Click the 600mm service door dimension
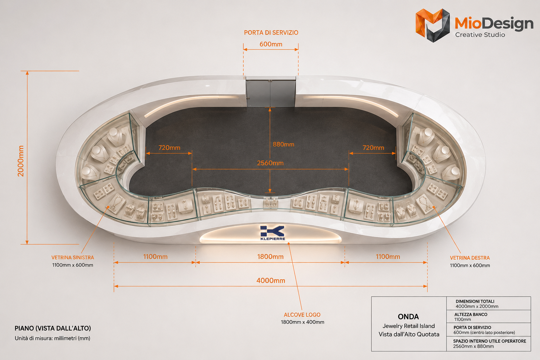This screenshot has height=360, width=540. pos(271,44)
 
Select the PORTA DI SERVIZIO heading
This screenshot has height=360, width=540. pos(271,33)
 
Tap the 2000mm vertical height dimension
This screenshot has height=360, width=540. pos(21,161)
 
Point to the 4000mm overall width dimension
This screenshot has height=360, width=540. pos(271,281)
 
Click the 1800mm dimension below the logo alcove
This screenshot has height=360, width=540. pos(270,257)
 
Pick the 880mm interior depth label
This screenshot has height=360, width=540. pos(283,144)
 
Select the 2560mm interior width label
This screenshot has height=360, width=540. pos(270,163)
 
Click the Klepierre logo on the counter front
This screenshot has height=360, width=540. pos(273,233)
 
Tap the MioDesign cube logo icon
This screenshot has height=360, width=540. pos(433,25)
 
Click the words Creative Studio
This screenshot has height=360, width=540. pos(480,35)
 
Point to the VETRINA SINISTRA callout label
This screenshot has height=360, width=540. pos(72,258)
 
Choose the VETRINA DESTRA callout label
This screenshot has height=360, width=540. pos(470,258)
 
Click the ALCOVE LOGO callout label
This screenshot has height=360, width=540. pos(302,315)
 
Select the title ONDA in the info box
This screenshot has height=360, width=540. pos(409,317)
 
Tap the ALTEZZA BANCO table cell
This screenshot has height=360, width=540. pos(489,317)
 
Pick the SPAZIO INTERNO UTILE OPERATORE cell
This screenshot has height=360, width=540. pos(489,343)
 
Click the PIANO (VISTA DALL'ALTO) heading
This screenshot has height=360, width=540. pos(53,328)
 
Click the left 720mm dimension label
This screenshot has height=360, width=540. pos(169,148)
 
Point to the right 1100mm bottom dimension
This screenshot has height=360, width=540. pos(388,257)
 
